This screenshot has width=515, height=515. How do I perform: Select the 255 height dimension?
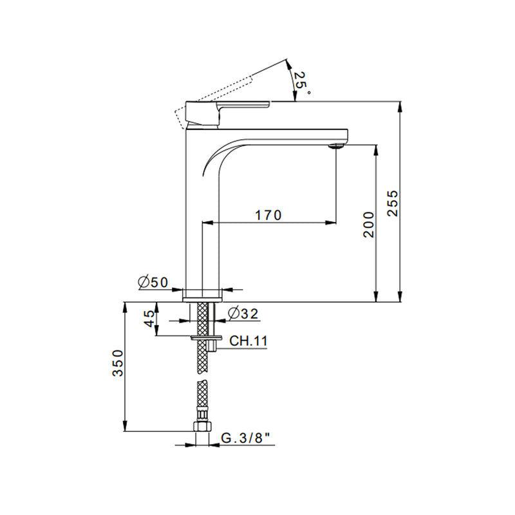[x=393, y=203]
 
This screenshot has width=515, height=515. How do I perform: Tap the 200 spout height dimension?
[x=369, y=225]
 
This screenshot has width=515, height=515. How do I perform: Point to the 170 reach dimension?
[x=268, y=215]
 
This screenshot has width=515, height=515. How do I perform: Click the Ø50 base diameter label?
[x=153, y=282]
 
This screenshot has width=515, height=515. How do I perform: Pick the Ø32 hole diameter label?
[x=243, y=314]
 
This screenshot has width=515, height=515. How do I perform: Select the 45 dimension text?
[x=149, y=318]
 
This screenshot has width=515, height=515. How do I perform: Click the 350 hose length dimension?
[x=118, y=363]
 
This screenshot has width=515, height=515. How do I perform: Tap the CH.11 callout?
[x=248, y=341]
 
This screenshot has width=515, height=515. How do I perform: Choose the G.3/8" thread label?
[x=246, y=438]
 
